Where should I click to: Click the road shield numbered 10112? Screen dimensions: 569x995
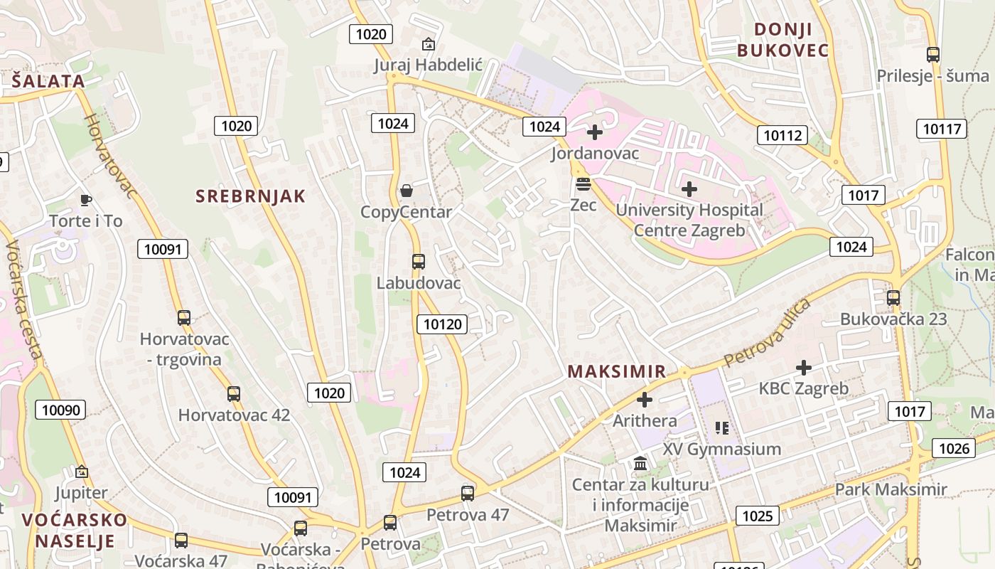tap(782, 135)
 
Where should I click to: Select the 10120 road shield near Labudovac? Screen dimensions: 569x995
tap(442, 324)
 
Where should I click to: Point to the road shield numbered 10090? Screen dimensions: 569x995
tap(60, 410)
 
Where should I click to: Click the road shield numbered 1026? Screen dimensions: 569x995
tap(954, 448)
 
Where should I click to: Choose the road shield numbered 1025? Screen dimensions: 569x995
tap(757, 516)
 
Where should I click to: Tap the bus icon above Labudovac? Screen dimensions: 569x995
tap(419, 262)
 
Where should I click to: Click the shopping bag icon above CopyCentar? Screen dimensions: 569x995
tap(407, 191)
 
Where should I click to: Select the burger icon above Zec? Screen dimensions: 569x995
tap(583, 184)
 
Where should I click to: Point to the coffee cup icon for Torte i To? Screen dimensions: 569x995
tap(86, 200)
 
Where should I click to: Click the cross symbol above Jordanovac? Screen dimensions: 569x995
tap(595, 132)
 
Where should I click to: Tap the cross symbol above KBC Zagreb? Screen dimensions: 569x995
tap(804, 368)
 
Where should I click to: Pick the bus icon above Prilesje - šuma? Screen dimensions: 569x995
tap(933, 55)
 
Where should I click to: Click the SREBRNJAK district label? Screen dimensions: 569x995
tap(250, 196)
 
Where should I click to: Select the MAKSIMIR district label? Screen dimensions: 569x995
tap(617, 371)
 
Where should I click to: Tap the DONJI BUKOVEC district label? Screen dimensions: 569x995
tap(782, 40)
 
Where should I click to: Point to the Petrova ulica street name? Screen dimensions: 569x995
tap(768, 334)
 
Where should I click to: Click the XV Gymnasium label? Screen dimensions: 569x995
tap(721, 449)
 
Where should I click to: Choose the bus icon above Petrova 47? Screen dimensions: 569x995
tap(468, 493)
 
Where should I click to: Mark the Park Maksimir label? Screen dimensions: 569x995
tap(891, 489)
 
